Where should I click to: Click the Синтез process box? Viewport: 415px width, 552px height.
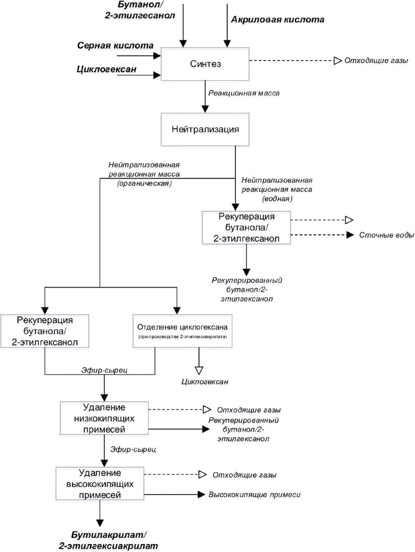205,64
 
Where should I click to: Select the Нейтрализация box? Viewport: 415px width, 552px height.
205,129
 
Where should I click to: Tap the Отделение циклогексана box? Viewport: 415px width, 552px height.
183,331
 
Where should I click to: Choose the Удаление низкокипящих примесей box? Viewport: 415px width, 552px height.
104,418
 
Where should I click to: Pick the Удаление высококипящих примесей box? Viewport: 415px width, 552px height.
100,484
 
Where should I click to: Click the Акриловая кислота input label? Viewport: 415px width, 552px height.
277,20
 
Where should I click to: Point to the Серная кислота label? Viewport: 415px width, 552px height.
115,45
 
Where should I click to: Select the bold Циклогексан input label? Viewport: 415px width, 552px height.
106,69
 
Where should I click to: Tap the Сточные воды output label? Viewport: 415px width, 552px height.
386,235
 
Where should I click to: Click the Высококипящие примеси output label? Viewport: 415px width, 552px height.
255,495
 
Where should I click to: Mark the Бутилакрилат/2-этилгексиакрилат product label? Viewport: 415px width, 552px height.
108,540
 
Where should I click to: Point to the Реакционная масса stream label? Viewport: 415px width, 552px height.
244,93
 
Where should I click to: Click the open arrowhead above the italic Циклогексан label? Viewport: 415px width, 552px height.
199,371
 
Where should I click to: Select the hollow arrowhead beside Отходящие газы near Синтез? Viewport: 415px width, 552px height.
337,60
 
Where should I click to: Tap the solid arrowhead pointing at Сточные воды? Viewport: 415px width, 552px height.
350,235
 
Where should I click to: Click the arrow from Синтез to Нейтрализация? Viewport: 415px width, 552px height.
205,97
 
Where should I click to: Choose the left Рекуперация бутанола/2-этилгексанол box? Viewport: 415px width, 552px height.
45,331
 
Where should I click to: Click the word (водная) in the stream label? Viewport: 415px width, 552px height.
277,199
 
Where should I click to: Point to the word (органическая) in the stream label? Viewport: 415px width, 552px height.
144,183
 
